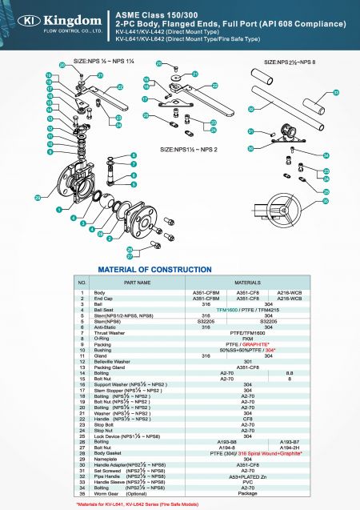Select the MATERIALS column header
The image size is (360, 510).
tap(246, 283)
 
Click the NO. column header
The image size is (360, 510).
tap(82, 283)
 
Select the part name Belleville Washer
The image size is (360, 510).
tap(116, 361)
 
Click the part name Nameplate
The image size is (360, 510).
tap(107, 458)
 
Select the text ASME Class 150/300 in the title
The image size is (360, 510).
tap(150, 14)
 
